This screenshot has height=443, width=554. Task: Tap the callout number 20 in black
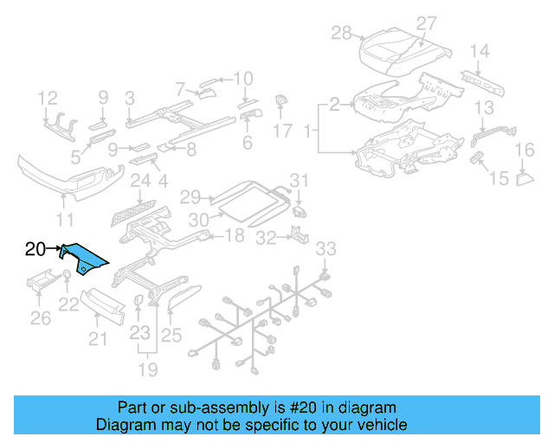pyautogui.click(x=35, y=250)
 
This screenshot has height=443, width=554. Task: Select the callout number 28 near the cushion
pyautogui.click(x=342, y=33)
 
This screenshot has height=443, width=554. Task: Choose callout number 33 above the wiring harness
pyautogui.click(x=325, y=250)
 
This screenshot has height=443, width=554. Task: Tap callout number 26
pyautogui.click(x=41, y=319)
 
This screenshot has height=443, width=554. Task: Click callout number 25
pyautogui.click(x=171, y=334)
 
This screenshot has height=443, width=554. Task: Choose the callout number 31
pyautogui.click(x=299, y=180)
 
